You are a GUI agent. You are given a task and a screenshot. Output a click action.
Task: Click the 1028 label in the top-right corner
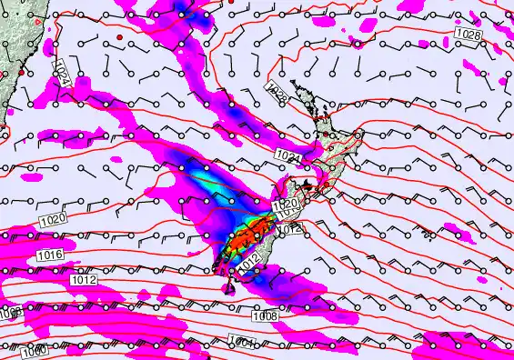(x=467, y=35)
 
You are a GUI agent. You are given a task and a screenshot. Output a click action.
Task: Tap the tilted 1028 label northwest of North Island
(x=277, y=92)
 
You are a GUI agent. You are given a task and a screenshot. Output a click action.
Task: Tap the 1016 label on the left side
(x=51, y=256)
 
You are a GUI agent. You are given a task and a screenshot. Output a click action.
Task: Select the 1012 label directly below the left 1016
(x=84, y=280)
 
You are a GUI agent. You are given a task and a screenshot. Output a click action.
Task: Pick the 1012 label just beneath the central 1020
(x=289, y=230)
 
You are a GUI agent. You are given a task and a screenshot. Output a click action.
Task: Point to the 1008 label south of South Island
(x=266, y=315)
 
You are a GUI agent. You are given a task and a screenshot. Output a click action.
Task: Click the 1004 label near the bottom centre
(x=243, y=342)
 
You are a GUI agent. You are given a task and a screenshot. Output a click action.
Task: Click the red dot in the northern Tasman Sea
(x=119, y=35)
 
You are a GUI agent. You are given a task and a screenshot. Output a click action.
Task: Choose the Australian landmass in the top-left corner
(x=15, y=36)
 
